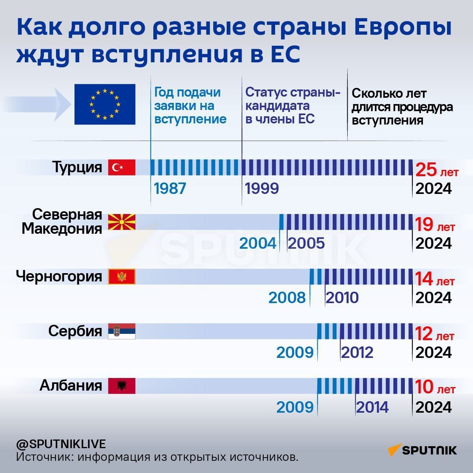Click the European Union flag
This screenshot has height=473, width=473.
click(x=105, y=104)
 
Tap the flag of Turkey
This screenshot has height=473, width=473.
click(x=122, y=167)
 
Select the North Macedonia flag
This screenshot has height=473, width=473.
click(x=122, y=222)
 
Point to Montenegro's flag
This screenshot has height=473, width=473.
click(x=122, y=277)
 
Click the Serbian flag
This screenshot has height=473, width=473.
click(x=122, y=331)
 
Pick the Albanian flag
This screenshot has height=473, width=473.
click(x=122, y=386)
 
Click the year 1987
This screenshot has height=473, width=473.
click(x=170, y=188)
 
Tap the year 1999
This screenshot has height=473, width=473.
click(x=262, y=188)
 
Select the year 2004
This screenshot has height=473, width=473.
click(x=258, y=243)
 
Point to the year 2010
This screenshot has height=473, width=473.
click(x=342, y=298)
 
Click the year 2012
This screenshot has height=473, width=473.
click(x=357, y=352)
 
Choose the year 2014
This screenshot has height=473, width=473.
click(x=372, y=407)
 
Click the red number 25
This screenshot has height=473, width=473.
click(x=426, y=170)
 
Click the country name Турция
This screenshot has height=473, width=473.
click(x=77, y=167)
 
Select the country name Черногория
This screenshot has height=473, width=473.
click(x=59, y=276)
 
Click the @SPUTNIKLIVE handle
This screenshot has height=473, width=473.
click(x=61, y=444)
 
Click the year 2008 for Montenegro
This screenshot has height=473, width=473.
click(x=287, y=298)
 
